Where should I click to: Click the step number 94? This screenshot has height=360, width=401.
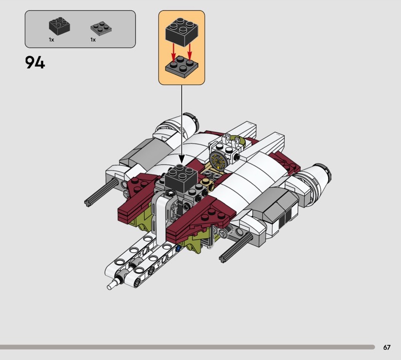point(35,63)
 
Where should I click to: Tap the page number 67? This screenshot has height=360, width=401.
point(386,347)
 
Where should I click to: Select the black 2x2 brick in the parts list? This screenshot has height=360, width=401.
point(60,26)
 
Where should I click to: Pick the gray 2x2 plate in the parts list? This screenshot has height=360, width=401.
point(101,29)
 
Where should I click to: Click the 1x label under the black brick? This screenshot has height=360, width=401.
point(52,40)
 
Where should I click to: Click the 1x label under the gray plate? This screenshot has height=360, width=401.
point(93,40)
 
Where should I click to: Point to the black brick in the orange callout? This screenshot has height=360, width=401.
point(181,32)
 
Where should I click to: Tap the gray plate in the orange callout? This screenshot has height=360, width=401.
point(181,66)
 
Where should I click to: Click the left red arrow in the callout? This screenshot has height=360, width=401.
point(173,53)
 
